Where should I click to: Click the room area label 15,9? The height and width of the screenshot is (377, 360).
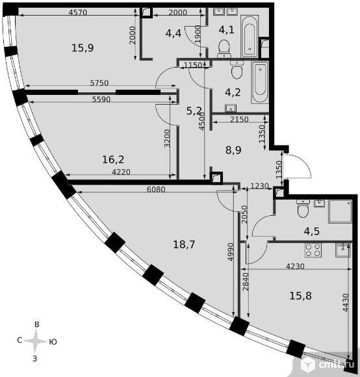coord(83,48)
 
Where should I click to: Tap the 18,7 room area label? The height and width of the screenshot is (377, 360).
coord(184,244)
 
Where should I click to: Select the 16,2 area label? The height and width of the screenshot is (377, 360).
coord(113,159)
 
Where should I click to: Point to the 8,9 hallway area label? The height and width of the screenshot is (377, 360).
coord(233,150)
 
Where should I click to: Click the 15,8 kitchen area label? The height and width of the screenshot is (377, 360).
coord(300,296)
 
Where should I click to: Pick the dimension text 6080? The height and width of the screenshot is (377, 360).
coord(156,189)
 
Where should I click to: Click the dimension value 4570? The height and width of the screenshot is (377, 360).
coord(77,12)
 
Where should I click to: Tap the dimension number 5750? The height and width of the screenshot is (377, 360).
coord(99,83)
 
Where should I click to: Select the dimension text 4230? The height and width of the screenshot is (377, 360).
coord(295,266)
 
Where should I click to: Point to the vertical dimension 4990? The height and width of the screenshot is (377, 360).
coord(231,252)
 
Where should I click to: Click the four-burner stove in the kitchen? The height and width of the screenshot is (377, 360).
coord(313,250)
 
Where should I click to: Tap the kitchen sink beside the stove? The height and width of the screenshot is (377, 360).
coord(342,250)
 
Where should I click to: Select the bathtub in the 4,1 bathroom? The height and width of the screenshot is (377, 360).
coord(250,36)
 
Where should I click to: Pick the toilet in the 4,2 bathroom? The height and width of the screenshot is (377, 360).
coord(237,70)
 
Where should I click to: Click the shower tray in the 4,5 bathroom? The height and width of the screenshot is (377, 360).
coord(340,211)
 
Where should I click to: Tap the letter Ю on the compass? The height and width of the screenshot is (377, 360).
coord(53,342)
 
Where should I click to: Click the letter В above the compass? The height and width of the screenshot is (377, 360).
coord(37,324)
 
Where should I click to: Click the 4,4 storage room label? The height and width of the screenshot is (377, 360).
coord(173,33)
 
